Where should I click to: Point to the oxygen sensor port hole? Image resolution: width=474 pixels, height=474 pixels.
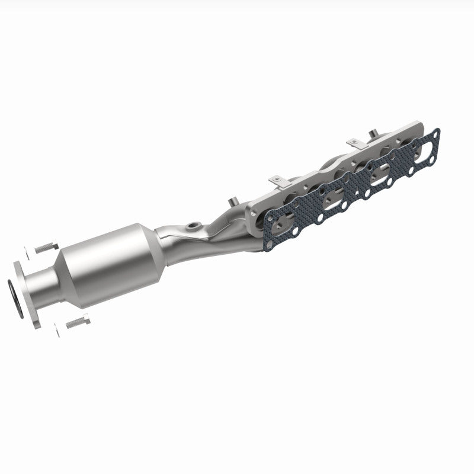point(193,226)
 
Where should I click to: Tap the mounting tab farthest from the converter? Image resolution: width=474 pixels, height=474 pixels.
point(354,142)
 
